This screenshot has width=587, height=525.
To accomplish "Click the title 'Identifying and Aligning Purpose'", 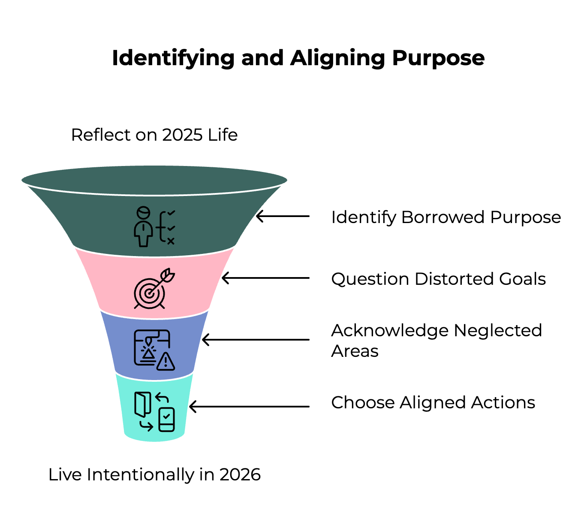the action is pos(298,58).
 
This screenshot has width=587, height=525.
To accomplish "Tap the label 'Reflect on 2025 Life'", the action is pos(154,135).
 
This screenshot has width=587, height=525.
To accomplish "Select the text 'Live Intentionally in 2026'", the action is pos(154,475).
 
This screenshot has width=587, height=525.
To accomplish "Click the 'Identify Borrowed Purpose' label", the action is pos(446,217).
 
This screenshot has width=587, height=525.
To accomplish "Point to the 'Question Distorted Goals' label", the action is pos(438,279).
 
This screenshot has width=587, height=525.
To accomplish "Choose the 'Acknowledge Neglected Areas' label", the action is pos(436,341).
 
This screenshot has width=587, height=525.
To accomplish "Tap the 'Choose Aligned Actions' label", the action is pos(433,403).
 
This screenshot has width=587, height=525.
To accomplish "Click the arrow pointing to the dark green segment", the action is pos(283,216).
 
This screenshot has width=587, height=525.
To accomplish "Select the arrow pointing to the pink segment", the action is pos(265,278).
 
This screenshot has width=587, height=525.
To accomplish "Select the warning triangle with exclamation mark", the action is pos(166,362).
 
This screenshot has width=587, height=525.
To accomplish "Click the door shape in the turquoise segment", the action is pos(142,404).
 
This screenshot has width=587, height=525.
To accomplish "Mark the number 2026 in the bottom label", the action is pos(240,475).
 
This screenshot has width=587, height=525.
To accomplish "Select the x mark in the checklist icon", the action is pos(171,241).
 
